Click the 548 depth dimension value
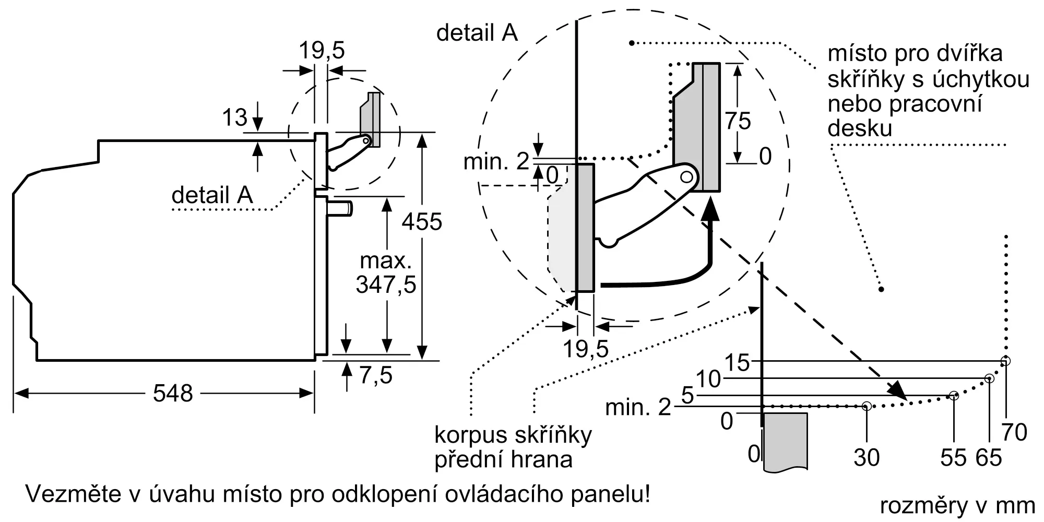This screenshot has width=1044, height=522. point(173,393)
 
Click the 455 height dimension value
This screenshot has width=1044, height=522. point(422,222)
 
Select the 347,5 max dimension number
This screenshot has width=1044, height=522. point(386,285)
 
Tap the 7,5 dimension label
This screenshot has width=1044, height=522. point(376,375)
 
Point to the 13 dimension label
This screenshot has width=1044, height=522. point(234,117)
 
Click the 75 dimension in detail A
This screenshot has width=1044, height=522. point(738,121)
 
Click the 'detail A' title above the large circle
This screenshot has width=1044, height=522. point(477,33)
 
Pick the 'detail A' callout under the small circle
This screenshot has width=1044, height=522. point(212,195)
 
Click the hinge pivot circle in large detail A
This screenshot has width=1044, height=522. point(687,177)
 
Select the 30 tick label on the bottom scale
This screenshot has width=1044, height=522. point(867,458)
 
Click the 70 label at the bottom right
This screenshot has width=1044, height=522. point(1014,433)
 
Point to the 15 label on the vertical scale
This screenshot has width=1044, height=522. point(737,363)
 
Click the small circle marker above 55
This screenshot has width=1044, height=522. point(954,396)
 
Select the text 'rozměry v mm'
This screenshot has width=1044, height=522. point(957,505)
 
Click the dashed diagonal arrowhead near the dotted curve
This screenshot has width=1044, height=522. point(898,390)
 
